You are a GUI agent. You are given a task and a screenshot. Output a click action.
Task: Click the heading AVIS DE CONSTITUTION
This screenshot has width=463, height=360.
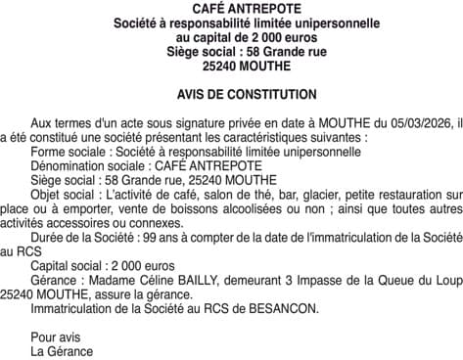(232, 95)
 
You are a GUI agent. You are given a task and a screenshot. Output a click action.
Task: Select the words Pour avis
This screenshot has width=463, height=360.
(52, 337)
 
